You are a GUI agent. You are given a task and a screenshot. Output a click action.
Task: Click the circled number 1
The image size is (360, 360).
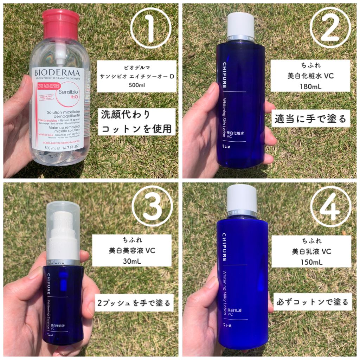pos(150,28)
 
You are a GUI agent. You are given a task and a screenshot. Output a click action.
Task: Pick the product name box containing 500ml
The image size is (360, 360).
pos(136,76)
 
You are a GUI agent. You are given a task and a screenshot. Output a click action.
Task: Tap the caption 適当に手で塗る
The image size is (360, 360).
pos(310,118)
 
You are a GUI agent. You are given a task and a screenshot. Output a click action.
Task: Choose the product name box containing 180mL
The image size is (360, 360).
pos(310,76)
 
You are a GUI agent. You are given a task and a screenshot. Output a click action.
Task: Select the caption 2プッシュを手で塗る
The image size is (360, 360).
pos(134,302)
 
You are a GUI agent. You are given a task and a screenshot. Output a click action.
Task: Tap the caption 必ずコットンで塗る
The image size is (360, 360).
pos(312,302)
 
